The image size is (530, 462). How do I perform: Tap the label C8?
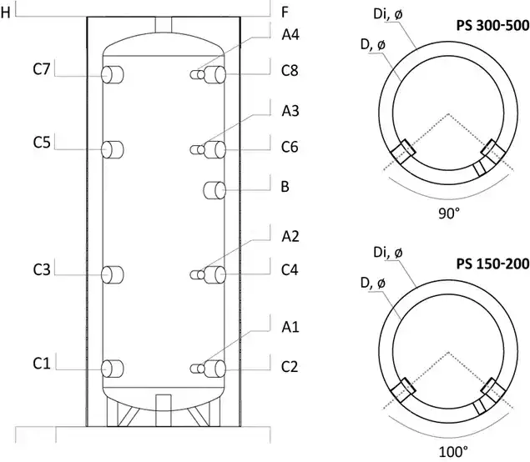[x=290, y=72]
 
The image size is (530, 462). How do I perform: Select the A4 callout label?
[x=290, y=37]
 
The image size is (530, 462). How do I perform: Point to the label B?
[x=285, y=188]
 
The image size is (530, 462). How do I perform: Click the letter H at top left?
[x=6, y=13]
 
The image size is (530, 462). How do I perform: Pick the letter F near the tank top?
[x=285, y=13]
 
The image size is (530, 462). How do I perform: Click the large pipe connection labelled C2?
[x=217, y=368]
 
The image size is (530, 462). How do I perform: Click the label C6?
[x=290, y=147]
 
